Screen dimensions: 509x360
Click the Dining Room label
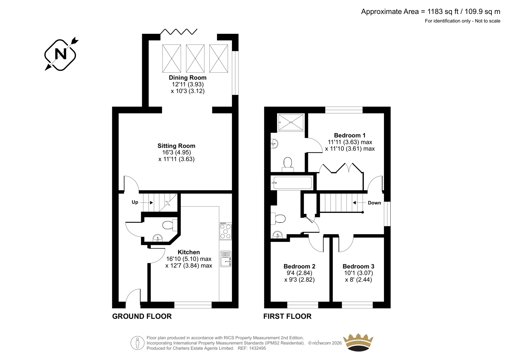(187, 78)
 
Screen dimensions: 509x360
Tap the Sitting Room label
(176, 146)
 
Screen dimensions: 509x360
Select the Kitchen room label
(189, 252)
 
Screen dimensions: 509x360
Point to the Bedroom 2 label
(299, 266)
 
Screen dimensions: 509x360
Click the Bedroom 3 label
(358, 266)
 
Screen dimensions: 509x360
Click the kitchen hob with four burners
(226, 231)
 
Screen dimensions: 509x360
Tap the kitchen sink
(226, 259)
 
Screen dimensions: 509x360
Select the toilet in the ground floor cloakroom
(170, 225)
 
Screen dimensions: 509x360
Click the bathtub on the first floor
(293, 183)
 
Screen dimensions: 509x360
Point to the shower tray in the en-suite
(291, 122)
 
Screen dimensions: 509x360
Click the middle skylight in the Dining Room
(195, 59)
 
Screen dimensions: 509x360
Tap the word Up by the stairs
(135, 202)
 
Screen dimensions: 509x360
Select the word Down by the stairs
(374, 203)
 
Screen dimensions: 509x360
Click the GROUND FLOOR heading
(142, 316)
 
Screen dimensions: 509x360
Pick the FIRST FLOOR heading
(287, 316)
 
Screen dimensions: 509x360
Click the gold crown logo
(358, 342)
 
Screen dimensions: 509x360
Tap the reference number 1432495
(257, 348)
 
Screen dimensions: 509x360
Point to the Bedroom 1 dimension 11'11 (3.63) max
(350, 142)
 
